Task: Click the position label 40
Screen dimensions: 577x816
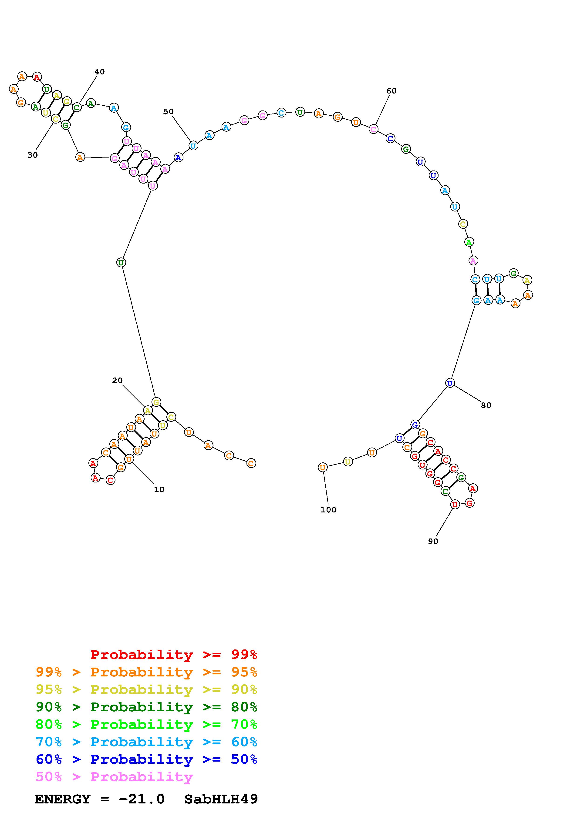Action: coord(100,72)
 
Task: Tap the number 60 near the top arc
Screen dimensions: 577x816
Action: coord(391,91)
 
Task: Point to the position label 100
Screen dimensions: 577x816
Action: coord(328,510)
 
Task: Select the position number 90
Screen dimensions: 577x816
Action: coord(433,541)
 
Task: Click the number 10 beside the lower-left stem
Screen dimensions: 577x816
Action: coord(159,489)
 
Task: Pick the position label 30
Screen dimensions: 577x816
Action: coord(32,155)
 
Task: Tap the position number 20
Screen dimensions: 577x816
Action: coord(117,380)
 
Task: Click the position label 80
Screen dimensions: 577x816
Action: coord(486,405)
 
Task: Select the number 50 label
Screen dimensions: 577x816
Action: coord(168,112)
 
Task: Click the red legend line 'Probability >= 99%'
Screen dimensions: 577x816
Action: coord(174,654)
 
